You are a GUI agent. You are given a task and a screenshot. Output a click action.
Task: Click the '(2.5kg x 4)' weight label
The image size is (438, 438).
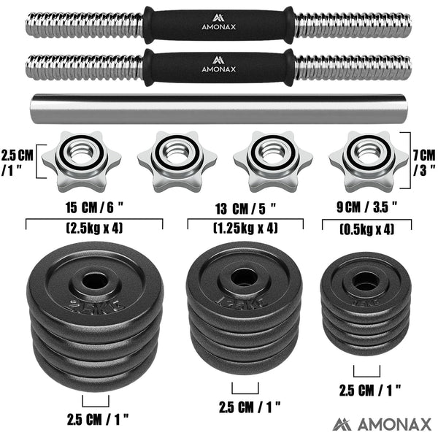click(95, 228)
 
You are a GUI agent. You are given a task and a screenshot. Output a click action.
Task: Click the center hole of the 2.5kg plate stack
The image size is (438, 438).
click(95, 280)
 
